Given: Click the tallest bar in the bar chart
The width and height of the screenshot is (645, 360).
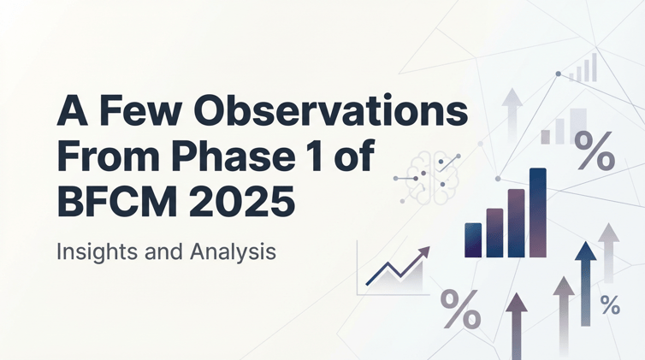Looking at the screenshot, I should (x=537, y=213).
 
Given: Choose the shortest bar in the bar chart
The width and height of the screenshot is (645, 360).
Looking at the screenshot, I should (x=473, y=240).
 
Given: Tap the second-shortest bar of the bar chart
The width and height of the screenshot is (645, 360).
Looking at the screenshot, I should (x=494, y=233).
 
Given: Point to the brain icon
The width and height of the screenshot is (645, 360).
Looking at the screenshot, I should (x=426, y=174).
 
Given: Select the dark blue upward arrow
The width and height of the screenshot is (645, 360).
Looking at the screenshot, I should (x=585, y=283).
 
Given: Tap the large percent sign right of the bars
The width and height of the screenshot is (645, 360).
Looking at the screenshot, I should (x=593, y=150).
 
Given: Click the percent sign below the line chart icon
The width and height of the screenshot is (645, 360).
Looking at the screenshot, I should (x=459, y=310).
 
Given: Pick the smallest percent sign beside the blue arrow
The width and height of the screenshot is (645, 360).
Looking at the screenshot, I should (x=610, y=305).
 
